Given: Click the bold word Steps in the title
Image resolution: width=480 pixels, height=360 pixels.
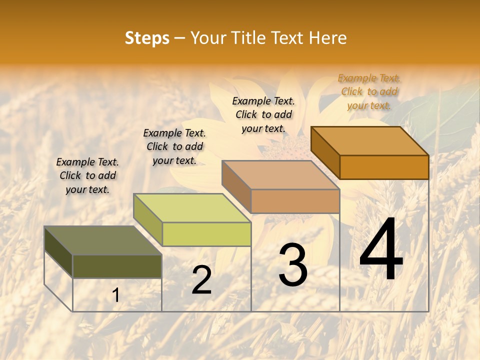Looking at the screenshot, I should coord(147,38).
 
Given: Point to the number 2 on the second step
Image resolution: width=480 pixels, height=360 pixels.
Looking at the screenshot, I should coord(201,280).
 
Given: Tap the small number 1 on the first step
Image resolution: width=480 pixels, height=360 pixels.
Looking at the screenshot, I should coord(115,295).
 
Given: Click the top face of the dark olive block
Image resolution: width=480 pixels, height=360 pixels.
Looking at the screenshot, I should coord(102,240).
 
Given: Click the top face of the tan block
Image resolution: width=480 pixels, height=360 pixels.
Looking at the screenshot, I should coord(280,175).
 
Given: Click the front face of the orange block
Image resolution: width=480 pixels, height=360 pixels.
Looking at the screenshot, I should coord(384,167).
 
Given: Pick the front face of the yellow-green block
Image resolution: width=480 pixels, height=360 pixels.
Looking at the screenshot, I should coord(206,234).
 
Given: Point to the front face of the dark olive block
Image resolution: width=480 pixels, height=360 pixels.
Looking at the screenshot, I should coord(117,266).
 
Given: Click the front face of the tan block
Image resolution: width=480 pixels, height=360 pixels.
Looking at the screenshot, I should coord(295,201).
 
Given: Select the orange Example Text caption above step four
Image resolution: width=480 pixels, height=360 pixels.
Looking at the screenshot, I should coord(369,91).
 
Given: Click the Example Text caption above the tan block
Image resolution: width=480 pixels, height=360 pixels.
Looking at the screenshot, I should coord(263,114).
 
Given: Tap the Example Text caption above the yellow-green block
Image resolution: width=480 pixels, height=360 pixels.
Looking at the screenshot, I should coord(174,146).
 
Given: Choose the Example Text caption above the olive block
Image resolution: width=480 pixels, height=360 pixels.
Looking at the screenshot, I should coord(87,175).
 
